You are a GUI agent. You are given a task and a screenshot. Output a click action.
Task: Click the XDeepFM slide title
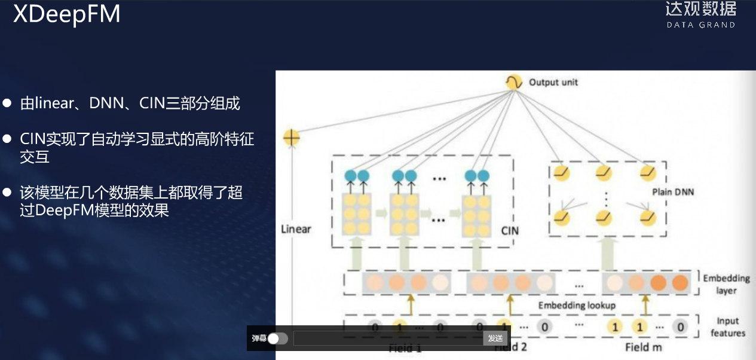66,14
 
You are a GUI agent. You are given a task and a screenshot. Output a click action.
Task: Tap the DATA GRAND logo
700,15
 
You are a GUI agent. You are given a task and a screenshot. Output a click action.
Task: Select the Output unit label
553,82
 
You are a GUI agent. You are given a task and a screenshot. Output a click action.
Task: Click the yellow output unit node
513,82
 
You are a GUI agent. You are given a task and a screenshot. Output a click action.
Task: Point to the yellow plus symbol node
291,138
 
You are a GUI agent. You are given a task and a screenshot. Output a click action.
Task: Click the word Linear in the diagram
296,228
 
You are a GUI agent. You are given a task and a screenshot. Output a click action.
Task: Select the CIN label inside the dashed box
510,230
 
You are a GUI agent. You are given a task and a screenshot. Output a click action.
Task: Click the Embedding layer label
726,284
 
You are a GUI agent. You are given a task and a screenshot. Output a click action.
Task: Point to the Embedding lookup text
577,305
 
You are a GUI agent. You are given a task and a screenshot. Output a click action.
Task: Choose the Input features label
727,327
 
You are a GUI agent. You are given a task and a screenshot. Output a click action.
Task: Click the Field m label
645,347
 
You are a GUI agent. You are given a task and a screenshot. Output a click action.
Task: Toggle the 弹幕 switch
277,338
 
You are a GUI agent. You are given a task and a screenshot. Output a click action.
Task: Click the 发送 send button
495,338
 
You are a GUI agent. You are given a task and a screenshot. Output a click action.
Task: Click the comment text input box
388,338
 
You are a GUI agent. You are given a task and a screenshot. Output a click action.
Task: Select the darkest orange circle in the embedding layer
680,283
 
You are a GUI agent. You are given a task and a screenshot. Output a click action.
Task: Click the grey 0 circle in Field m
680,327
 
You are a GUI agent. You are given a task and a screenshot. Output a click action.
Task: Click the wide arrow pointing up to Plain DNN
608,252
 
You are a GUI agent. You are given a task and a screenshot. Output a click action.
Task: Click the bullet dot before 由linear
7,103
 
